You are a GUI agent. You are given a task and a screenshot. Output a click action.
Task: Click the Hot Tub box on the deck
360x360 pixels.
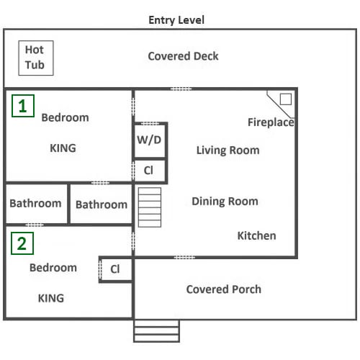pyautogui.click(x=36, y=58)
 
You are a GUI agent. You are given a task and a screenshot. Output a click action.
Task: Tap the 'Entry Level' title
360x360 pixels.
pyautogui.click(x=176, y=20)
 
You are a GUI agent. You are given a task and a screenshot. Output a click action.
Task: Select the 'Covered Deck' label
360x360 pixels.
pyautogui.click(x=183, y=56)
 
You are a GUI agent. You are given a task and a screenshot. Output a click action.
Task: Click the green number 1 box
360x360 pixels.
pyautogui.click(x=23, y=106)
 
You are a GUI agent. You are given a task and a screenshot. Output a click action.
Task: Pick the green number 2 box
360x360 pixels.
pyautogui.click(x=22, y=243)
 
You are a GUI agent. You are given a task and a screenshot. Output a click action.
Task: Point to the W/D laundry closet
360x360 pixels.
pyautogui.click(x=150, y=140)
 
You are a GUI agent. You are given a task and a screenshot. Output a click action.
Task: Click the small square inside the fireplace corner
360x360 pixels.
pyautogui.click(x=286, y=99)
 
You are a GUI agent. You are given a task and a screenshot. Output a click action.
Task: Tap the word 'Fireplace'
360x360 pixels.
pyautogui.click(x=271, y=122)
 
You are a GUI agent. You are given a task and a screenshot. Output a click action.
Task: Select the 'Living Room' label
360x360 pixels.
pyautogui.click(x=228, y=150)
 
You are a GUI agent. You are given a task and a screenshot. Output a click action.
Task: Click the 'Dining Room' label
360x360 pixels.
pyautogui.click(x=225, y=201)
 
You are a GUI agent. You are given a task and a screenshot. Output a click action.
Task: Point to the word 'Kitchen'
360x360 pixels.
pyautogui.click(x=256, y=235)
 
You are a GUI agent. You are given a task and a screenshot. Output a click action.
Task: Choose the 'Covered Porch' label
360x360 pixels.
pyautogui.click(x=224, y=289)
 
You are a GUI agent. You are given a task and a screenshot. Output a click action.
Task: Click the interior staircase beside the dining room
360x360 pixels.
pyautogui.click(x=150, y=207)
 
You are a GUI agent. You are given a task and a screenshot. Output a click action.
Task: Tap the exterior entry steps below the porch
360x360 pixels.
pyautogui.click(x=156, y=331)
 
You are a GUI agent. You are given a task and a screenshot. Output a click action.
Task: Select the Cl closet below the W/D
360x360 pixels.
pyautogui.click(x=150, y=171)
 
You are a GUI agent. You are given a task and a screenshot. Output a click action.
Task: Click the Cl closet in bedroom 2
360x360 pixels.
pyautogui.click(x=116, y=269)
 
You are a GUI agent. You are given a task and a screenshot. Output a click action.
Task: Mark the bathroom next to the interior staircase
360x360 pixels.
pyautogui.click(x=102, y=204)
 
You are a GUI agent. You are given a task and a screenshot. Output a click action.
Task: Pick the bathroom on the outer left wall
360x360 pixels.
pyautogui.click(x=36, y=204)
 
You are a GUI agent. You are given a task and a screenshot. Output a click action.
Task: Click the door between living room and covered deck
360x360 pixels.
pyautogui.click(x=181, y=89)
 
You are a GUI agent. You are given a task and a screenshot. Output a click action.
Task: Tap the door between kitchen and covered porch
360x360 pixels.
pyautogui.click(x=184, y=258)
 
